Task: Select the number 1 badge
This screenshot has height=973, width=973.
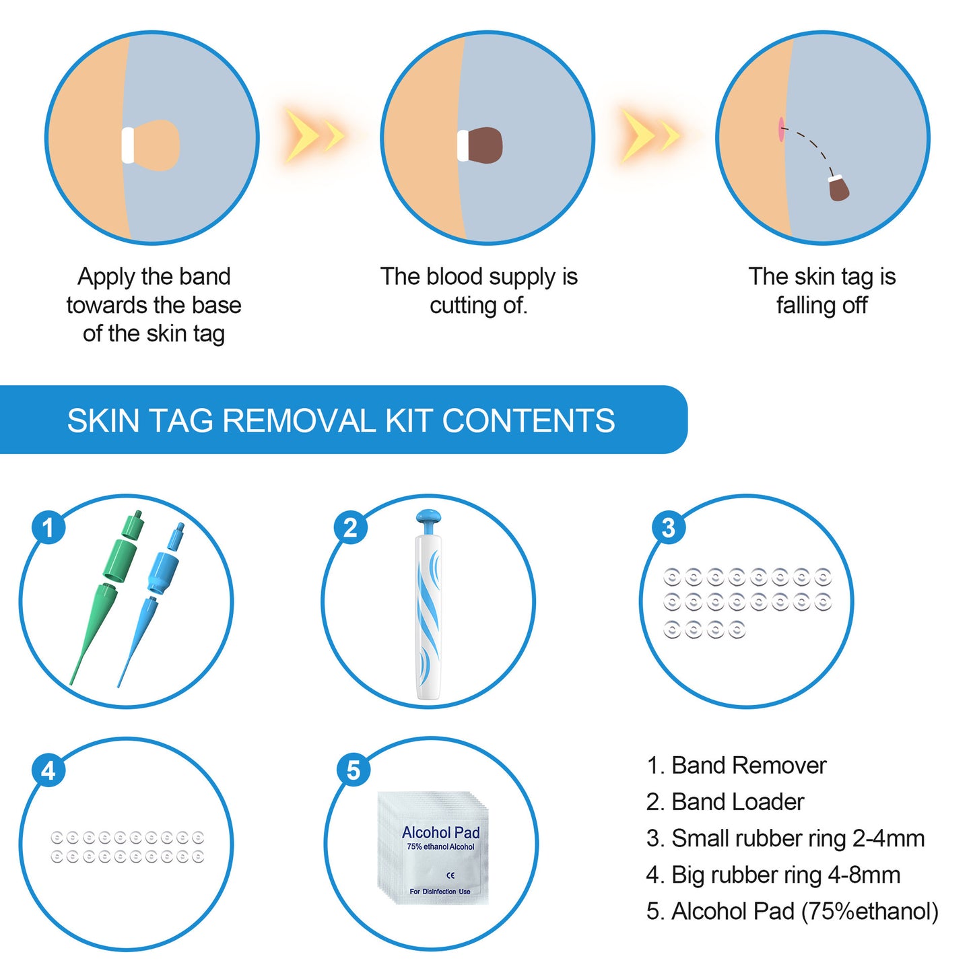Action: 48,527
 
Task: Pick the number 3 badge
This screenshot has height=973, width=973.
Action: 668,527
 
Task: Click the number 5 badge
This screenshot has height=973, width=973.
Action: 354,770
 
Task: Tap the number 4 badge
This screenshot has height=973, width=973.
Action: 48,770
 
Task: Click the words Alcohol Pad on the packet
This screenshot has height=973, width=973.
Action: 440,832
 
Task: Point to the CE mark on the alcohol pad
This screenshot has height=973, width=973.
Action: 450,875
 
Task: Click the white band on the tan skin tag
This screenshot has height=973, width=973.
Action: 128,145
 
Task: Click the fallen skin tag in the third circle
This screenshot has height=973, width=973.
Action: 838,188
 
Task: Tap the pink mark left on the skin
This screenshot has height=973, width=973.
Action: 781,129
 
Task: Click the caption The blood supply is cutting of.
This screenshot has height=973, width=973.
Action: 479,291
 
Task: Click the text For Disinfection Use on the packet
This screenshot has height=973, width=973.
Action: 440,892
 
